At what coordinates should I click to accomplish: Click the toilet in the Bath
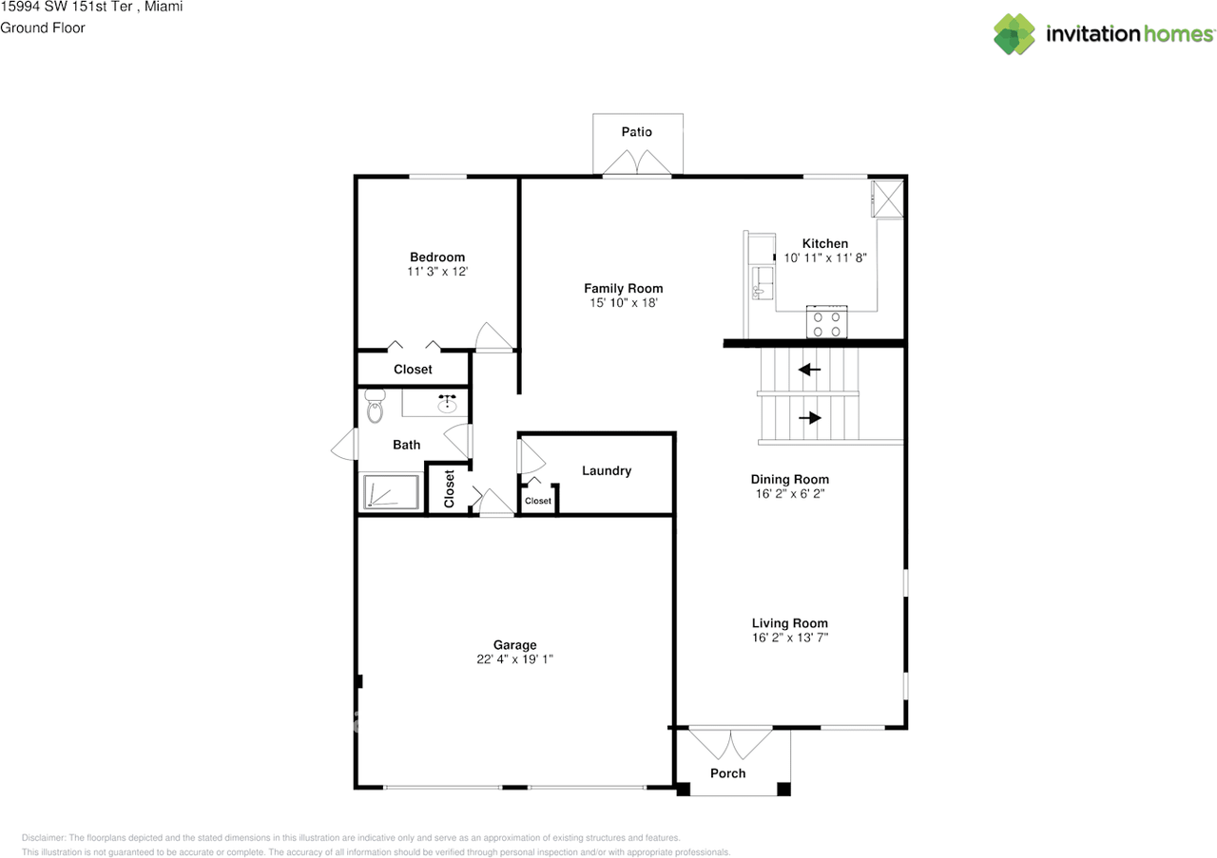(374, 407)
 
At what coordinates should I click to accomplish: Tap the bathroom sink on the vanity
(447, 405)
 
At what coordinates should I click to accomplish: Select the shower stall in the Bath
(390, 492)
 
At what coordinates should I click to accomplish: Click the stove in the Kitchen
(827, 322)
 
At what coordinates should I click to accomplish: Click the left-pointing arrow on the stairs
(809, 370)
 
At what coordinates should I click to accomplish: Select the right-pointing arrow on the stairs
(810, 417)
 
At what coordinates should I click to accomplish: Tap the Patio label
(637, 132)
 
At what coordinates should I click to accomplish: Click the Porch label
(728, 773)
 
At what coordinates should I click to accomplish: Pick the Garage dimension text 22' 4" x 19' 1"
(514, 658)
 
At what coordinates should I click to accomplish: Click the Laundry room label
(607, 471)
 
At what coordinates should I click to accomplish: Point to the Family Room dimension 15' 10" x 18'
(623, 303)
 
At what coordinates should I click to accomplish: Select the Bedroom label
(437, 257)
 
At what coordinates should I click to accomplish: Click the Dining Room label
(789, 480)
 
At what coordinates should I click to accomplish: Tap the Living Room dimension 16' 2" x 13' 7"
(789, 639)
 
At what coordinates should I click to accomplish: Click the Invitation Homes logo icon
(1014, 34)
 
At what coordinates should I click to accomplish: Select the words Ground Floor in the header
(43, 28)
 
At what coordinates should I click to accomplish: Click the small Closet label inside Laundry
(538, 501)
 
